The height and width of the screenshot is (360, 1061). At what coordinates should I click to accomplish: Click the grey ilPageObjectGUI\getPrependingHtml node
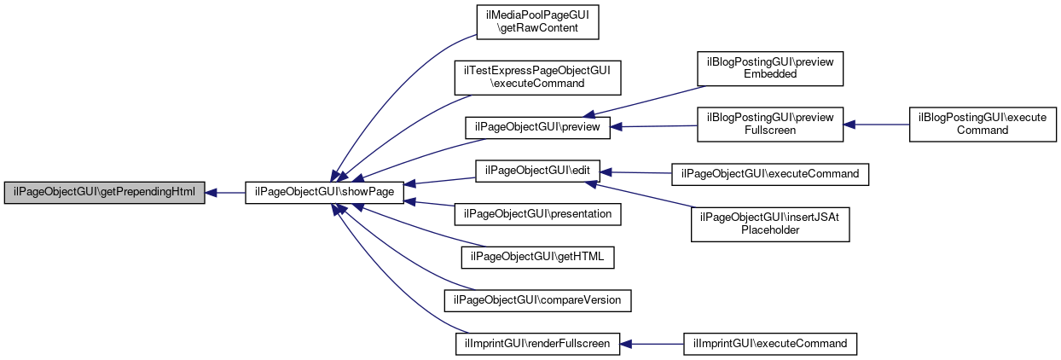point(104,192)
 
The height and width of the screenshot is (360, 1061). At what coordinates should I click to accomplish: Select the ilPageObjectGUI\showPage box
point(324,192)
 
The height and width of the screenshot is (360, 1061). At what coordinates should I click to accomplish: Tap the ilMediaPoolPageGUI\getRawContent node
point(537,22)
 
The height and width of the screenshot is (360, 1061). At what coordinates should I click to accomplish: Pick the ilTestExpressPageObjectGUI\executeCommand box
point(537,78)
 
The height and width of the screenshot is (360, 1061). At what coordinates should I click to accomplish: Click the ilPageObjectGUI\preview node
point(537,127)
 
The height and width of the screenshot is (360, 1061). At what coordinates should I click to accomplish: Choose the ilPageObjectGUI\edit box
point(537,171)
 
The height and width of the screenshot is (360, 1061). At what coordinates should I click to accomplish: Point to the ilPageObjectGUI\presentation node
point(537,214)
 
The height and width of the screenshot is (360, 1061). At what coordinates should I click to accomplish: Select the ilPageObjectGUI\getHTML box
point(537,258)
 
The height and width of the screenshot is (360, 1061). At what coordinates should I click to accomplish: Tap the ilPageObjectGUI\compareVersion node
point(537,300)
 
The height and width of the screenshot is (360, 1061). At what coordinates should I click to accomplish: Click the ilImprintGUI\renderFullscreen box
point(537,344)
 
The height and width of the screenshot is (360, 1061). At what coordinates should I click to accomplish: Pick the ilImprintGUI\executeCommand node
point(770,344)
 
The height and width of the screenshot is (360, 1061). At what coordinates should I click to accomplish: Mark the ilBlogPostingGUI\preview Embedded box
point(770,69)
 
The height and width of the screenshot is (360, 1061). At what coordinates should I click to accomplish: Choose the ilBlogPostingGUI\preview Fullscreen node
point(770,124)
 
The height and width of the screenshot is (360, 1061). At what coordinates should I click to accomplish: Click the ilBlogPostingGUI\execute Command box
point(983,124)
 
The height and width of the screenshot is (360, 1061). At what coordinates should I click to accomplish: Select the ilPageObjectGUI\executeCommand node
point(770,174)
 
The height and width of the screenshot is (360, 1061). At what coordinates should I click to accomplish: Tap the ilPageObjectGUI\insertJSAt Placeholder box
point(770,224)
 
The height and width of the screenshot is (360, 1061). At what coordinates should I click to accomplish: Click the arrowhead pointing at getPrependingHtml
point(211,193)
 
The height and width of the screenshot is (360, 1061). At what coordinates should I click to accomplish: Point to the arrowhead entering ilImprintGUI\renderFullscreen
point(626,344)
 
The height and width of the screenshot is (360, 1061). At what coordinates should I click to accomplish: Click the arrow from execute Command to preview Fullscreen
point(876,125)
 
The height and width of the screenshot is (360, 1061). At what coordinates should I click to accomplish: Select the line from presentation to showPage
point(429,204)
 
